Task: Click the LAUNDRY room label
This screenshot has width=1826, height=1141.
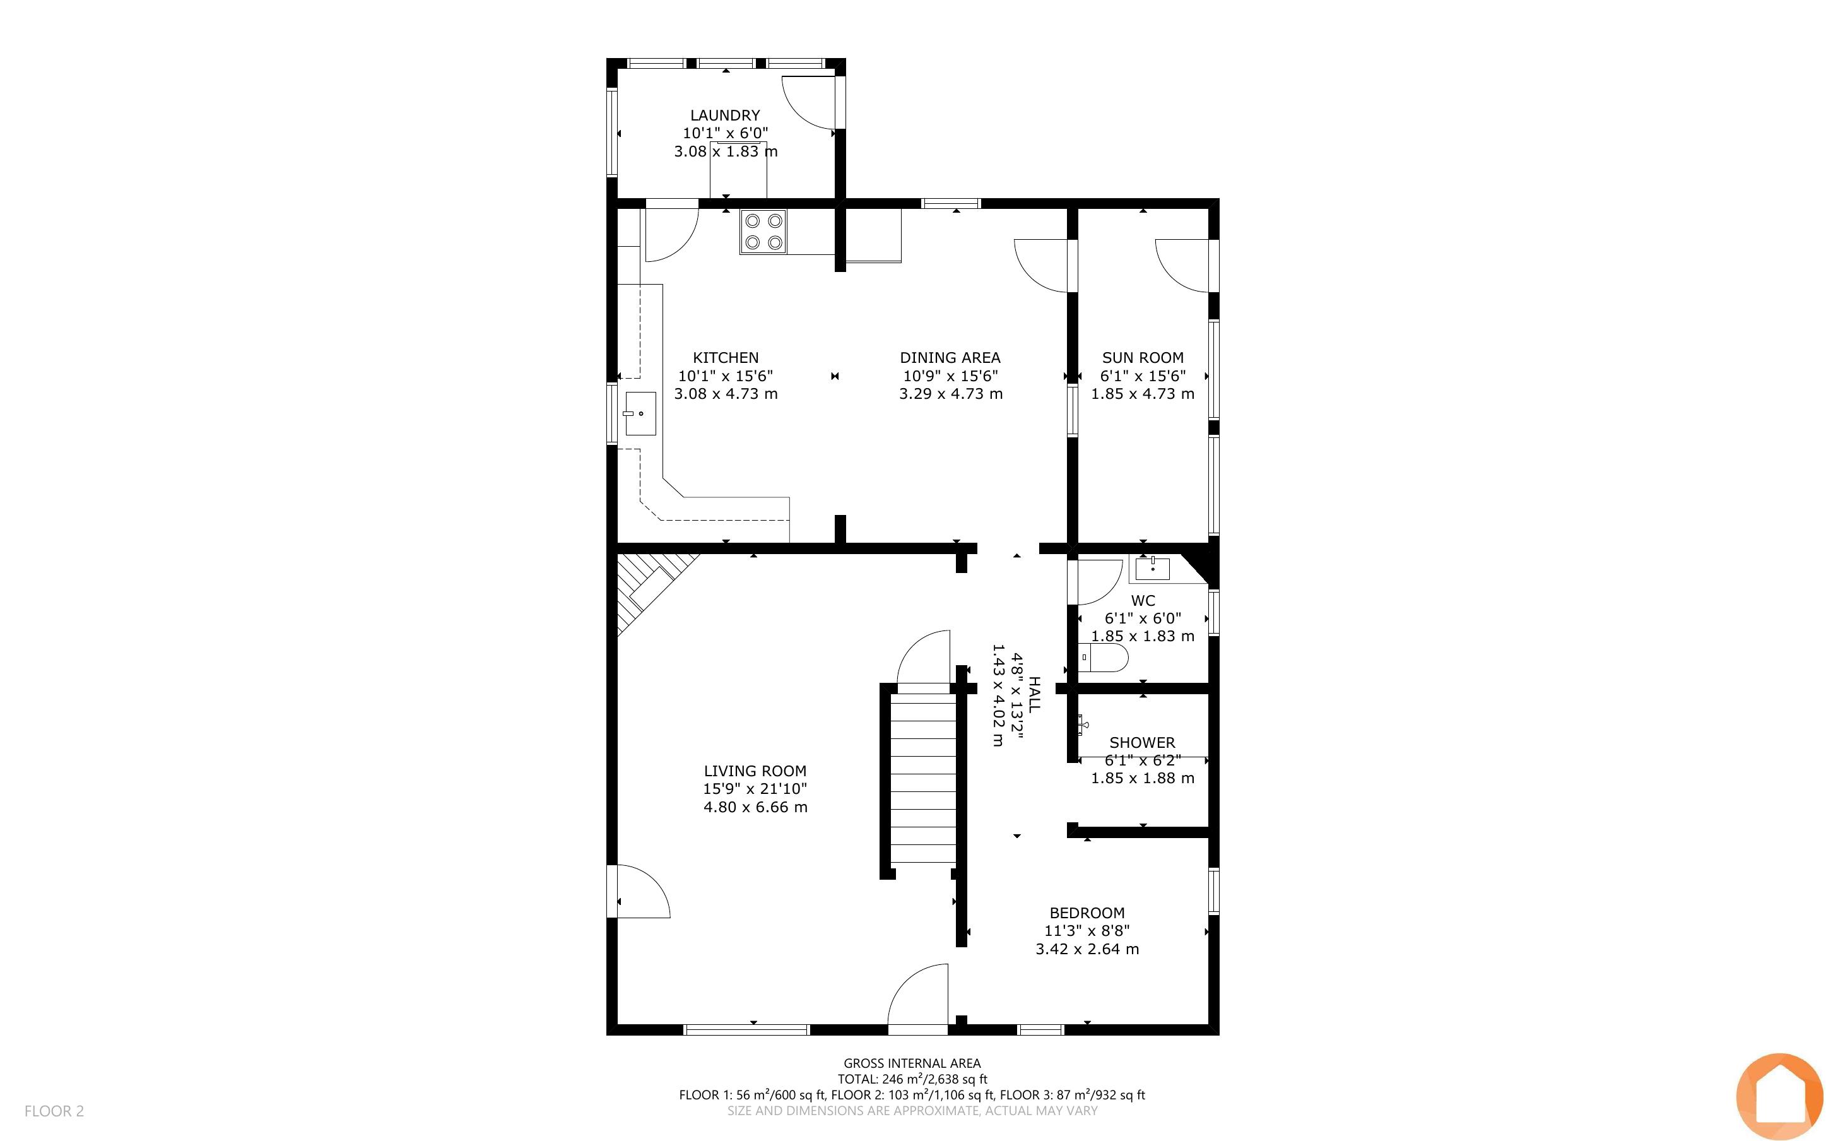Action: coord(725,115)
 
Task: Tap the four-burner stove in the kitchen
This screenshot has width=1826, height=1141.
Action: coord(763,232)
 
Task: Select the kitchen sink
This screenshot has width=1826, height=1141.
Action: coord(640,413)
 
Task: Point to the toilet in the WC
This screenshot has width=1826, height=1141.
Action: coord(1104,658)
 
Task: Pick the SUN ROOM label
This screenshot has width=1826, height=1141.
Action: coord(1143,358)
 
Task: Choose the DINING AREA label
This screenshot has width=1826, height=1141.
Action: coord(950,358)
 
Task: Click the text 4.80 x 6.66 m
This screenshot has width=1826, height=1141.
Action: coord(756,807)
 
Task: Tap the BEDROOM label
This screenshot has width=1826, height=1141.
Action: coord(1087,913)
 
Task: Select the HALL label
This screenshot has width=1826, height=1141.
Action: coord(1035,694)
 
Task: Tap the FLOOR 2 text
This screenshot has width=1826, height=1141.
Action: coord(54,1111)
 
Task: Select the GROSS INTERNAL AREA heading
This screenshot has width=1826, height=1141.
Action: coord(912,1063)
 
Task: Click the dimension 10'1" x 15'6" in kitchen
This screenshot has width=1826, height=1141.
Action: coord(726,375)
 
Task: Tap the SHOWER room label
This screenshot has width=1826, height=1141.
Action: coord(1142,743)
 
